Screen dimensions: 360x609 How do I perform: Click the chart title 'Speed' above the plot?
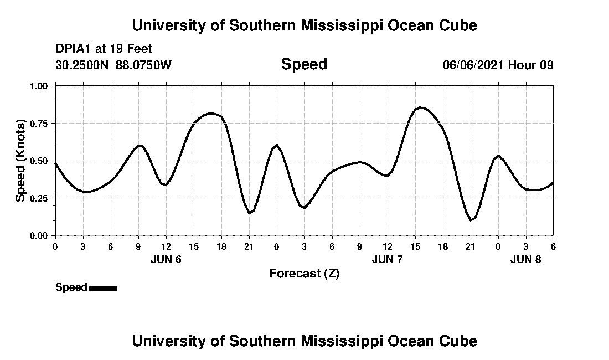(x=304, y=64)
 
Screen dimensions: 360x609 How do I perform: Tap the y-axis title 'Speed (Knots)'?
(x=20, y=160)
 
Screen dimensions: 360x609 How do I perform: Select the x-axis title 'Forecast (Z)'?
(x=304, y=273)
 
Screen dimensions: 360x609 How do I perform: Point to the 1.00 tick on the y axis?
(x=39, y=86)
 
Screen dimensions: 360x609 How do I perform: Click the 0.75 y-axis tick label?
(x=39, y=124)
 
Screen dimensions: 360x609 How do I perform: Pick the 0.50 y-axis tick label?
(x=39, y=161)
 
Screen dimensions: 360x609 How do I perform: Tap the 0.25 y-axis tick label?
(x=39, y=198)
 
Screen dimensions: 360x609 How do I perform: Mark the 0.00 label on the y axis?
(x=39, y=235)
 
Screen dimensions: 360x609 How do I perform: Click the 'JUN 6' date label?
(x=166, y=260)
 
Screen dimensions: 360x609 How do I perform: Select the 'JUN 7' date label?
(x=387, y=260)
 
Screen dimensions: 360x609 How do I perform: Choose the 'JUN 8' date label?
(x=525, y=260)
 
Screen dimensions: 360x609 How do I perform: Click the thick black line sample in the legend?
(x=103, y=288)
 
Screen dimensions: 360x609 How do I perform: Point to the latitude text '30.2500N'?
(x=82, y=65)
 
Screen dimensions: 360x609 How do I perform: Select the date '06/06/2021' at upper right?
(x=473, y=65)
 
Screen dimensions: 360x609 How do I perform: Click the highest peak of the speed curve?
(x=421, y=107)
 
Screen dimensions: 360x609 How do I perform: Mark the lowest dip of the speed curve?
(x=471, y=220)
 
